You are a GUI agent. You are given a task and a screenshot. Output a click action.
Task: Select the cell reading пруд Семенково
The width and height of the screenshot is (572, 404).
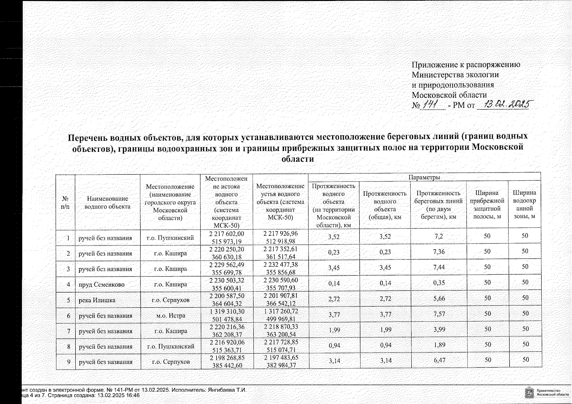[x=101, y=284]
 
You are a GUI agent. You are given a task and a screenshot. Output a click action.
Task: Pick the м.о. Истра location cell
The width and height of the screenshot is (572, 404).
[x=170, y=316]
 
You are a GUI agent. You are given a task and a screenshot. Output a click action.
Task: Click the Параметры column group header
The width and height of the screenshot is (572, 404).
[x=424, y=177]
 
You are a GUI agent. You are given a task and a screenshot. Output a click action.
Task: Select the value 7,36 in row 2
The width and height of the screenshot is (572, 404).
[x=439, y=252]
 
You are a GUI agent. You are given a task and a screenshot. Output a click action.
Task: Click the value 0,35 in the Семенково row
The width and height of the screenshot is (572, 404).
[x=439, y=283]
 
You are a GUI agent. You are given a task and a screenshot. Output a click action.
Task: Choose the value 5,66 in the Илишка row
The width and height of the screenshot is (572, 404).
[x=439, y=298]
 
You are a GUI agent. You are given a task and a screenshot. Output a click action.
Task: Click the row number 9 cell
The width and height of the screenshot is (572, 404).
[x=68, y=362]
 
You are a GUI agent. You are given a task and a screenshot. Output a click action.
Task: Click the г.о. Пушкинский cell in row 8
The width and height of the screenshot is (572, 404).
[x=171, y=346]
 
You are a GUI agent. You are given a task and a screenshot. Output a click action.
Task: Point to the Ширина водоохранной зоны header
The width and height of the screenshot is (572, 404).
[x=524, y=204]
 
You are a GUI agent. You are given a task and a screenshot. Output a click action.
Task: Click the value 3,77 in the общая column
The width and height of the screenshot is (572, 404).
[x=385, y=316]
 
